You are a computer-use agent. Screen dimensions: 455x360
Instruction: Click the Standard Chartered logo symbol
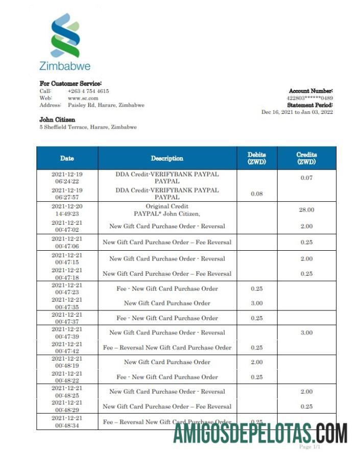[x=65, y=35]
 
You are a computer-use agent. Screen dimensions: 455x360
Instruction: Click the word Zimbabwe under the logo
[x=65, y=66]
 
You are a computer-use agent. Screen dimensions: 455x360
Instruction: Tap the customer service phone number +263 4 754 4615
[x=88, y=91]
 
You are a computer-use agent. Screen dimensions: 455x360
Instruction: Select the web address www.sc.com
[x=83, y=98]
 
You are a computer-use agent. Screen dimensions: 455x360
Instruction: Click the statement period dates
[x=297, y=112]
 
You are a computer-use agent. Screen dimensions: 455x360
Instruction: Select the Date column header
[x=67, y=158]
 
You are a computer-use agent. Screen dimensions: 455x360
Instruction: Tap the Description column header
[x=167, y=158]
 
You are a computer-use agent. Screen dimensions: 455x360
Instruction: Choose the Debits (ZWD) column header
[x=257, y=158]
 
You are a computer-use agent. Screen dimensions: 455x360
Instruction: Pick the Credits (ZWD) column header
[x=306, y=158]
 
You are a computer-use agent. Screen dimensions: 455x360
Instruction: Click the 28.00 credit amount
[x=306, y=210]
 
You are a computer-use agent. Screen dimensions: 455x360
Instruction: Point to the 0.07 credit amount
[x=306, y=178]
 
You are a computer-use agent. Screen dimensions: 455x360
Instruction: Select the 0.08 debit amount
[x=257, y=194]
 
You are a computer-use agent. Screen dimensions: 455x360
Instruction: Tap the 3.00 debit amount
[x=257, y=303]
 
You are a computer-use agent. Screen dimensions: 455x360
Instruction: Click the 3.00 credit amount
[x=306, y=333]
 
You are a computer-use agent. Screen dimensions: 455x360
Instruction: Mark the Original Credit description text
[x=167, y=206]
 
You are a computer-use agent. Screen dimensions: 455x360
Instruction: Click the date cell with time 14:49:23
[x=67, y=210]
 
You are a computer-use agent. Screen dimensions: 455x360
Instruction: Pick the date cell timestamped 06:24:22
[x=67, y=178]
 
